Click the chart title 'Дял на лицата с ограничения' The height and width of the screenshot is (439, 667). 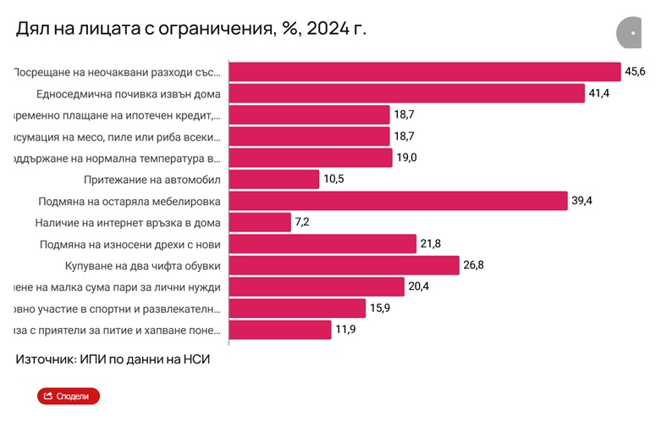[190, 29]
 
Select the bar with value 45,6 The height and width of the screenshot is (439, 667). [425, 72]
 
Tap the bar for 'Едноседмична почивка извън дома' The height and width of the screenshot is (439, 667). [407, 93]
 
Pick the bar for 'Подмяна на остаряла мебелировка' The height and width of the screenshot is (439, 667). [398, 201]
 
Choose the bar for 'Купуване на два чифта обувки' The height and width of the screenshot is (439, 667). [345, 266]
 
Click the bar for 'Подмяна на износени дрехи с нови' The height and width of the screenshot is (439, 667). [322, 244]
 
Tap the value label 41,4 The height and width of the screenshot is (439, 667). [599, 93]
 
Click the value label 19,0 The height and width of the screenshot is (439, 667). [407, 158]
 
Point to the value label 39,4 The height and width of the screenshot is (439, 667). [582, 201]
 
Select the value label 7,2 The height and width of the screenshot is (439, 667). [303, 223]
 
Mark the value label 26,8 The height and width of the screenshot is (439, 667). [473, 266]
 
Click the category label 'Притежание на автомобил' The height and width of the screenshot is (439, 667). [153, 180]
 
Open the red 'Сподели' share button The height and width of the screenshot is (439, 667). [69, 396]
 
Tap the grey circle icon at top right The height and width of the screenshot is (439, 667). [630, 33]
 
